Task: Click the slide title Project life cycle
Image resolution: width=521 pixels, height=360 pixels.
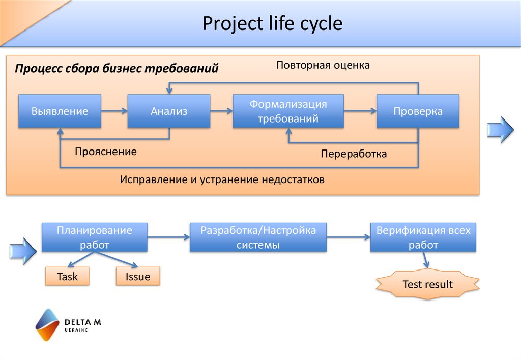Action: pyautogui.click(x=273, y=24)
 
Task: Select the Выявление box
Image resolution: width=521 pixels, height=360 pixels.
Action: pyautogui.click(x=60, y=111)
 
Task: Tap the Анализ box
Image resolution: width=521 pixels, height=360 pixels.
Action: pyautogui.click(x=169, y=111)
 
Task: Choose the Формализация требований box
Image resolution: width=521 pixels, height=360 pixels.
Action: pyautogui.click(x=288, y=111)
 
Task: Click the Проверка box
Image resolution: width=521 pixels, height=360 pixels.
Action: pyautogui.click(x=418, y=111)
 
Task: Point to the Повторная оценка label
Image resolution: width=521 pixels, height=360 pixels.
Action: pyautogui.click(x=323, y=66)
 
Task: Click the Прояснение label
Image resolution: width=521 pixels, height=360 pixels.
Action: pyautogui.click(x=106, y=152)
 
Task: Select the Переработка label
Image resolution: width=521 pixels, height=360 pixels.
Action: pyautogui.click(x=354, y=154)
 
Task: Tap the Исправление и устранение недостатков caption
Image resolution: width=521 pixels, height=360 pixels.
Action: pyautogui.click(x=222, y=180)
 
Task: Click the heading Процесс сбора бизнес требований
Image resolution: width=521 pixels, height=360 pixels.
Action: pyautogui.click(x=117, y=68)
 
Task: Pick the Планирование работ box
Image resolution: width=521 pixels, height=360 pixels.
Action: pyautogui.click(x=95, y=237)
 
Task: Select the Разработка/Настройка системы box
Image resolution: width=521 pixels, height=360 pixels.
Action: pyautogui.click(x=258, y=237)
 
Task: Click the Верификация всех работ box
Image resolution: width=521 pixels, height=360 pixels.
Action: pyautogui.click(x=423, y=237)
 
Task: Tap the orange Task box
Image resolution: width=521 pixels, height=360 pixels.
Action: pyautogui.click(x=67, y=277)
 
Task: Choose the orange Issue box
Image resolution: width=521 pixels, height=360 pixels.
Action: pyautogui.click(x=138, y=277)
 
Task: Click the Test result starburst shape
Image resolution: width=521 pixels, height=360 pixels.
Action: pyautogui.click(x=427, y=284)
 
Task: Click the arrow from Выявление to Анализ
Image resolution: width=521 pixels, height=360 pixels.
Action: pyautogui.click(x=114, y=110)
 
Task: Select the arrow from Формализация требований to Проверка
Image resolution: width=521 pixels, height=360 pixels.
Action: pyautogui.click(x=360, y=110)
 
